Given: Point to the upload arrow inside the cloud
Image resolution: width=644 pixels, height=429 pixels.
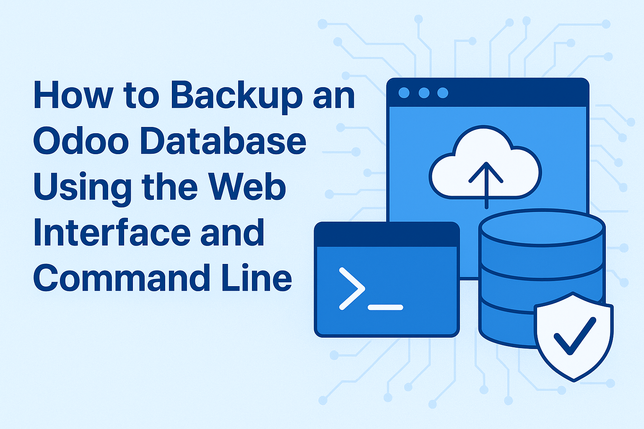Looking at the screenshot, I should pos(486,180).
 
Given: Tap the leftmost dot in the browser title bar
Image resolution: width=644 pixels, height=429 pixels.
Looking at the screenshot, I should pos(404,93).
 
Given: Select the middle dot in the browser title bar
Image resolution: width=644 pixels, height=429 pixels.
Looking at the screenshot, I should pos(423,93).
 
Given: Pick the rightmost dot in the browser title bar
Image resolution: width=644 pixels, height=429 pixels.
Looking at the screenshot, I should pos(443,93).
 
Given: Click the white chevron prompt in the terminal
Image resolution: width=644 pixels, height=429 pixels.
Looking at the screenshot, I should pos(351,289).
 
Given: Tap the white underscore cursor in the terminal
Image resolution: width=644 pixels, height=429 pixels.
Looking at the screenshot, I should pos(385,308).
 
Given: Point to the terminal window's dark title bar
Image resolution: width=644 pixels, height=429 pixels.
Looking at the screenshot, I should pos(387,235).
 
